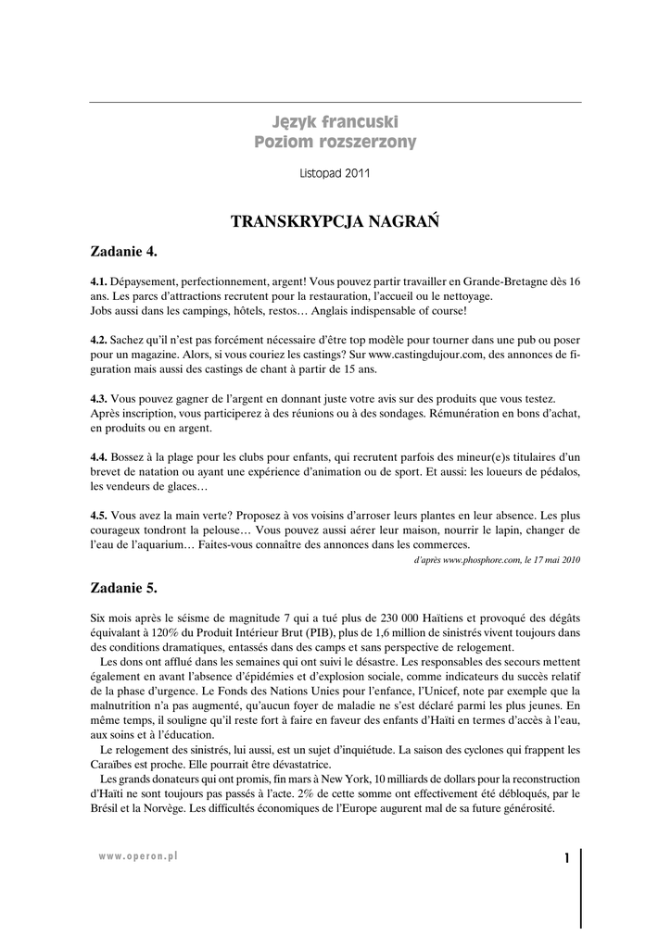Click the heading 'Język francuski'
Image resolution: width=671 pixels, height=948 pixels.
pyautogui.click(x=335, y=121)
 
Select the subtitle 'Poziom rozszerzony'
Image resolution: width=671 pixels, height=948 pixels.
pyautogui.click(x=335, y=143)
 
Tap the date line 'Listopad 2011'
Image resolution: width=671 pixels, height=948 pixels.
pyautogui.click(x=335, y=173)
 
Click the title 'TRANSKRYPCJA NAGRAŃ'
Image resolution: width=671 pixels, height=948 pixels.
pyautogui.click(x=335, y=222)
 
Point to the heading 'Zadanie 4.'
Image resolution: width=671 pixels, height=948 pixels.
pyautogui.click(x=124, y=251)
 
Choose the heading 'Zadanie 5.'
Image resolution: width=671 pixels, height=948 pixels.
pyautogui.click(x=124, y=587)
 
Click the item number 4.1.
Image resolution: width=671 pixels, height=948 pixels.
pyautogui.click(x=98, y=281)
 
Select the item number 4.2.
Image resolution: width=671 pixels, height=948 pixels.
pyautogui.click(x=98, y=340)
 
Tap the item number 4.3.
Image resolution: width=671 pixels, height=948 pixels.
pyautogui.click(x=98, y=399)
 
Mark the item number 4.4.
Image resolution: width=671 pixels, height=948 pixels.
pyautogui.click(x=98, y=457)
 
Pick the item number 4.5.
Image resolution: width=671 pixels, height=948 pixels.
pyautogui.click(x=98, y=516)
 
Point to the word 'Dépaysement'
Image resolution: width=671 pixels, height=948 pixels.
pyautogui.click(x=144, y=281)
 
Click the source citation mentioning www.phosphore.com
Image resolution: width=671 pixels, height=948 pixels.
pyautogui.click(x=497, y=559)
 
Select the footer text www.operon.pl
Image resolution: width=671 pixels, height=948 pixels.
pyautogui.click(x=138, y=857)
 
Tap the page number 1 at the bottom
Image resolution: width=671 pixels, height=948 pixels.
pyautogui.click(x=565, y=859)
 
